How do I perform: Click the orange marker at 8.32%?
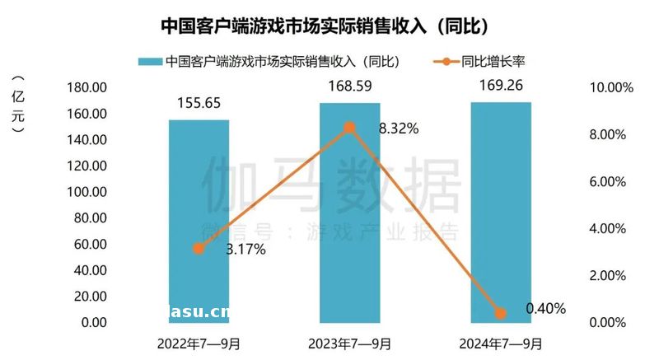point(349,128)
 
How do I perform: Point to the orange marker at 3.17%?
point(199,248)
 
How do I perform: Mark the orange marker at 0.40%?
point(500,313)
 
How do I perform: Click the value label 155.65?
point(199,103)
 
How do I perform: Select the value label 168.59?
point(349,86)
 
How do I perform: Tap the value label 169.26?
point(500,85)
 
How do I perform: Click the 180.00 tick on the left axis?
point(86,88)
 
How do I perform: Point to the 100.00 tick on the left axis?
point(86,192)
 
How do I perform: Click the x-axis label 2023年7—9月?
point(349,342)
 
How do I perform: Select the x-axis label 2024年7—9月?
point(500,342)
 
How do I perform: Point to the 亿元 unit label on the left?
point(18,103)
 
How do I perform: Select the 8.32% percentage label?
point(399,129)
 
